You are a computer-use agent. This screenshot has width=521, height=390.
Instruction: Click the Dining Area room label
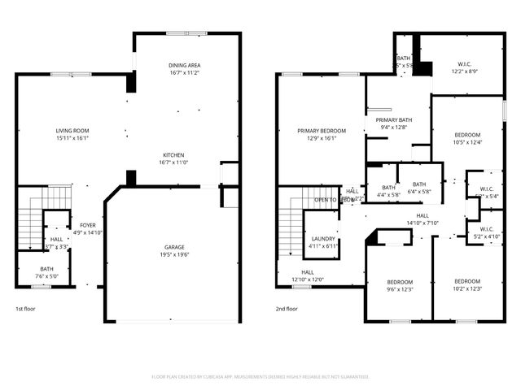tap(184, 69)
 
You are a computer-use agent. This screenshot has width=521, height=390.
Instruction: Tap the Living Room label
tap(72, 134)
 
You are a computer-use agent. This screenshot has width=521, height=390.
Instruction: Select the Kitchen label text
tap(173, 158)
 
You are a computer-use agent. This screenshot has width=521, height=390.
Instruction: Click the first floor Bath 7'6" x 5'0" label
tap(46, 272)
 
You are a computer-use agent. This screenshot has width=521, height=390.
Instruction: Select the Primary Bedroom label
tap(321, 134)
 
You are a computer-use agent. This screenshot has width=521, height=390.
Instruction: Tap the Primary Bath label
tap(393, 123)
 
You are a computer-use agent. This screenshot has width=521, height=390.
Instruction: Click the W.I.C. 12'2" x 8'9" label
tap(464, 68)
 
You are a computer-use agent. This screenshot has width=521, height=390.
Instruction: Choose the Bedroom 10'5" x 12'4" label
tap(467, 138)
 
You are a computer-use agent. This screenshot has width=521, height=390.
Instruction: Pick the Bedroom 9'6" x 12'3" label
tap(400, 285)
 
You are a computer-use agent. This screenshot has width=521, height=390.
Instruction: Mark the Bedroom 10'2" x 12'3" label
tap(467, 285)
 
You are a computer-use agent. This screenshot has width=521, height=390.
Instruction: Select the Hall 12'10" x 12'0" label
tap(308, 276)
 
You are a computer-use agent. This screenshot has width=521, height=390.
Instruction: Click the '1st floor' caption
tap(26, 309)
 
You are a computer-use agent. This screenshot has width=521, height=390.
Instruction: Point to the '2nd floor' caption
tap(287, 309)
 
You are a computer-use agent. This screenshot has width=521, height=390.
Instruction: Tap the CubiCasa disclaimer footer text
tap(260, 376)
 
